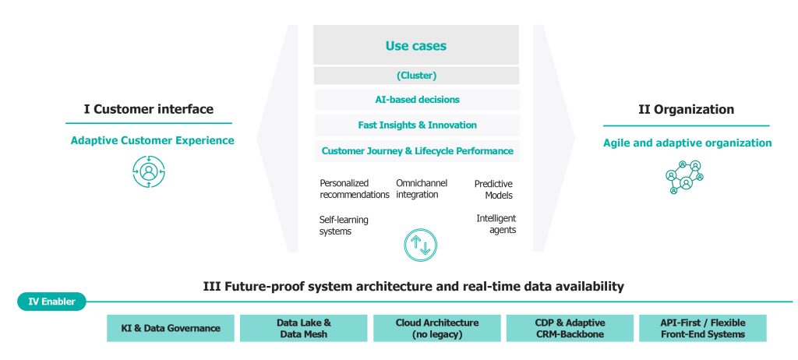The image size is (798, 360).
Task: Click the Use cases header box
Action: [416, 45]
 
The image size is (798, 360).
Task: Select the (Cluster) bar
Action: [416, 76]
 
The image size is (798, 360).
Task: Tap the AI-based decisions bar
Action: [417, 100]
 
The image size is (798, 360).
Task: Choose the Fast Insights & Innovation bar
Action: [417, 125]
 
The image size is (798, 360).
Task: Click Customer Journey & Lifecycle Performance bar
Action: [417, 151]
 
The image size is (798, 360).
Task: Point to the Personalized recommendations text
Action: [355, 189]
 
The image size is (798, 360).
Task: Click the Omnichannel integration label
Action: [422, 189]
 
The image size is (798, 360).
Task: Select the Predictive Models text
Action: [493, 189]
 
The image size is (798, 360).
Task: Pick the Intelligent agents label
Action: [496, 224]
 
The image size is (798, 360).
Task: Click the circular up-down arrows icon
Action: [420, 245]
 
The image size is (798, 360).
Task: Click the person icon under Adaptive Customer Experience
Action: [149, 171]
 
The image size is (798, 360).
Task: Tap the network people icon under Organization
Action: [684, 177]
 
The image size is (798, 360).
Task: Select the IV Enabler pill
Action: [51, 302]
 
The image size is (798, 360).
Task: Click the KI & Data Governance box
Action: [171, 328]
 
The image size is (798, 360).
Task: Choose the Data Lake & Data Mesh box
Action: [303, 328]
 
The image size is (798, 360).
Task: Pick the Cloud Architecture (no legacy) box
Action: [436, 328]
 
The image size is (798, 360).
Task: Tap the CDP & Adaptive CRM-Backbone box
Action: [570, 328]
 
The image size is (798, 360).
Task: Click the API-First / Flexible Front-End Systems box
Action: [703, 328]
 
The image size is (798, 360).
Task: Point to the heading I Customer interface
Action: [149, 109]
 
